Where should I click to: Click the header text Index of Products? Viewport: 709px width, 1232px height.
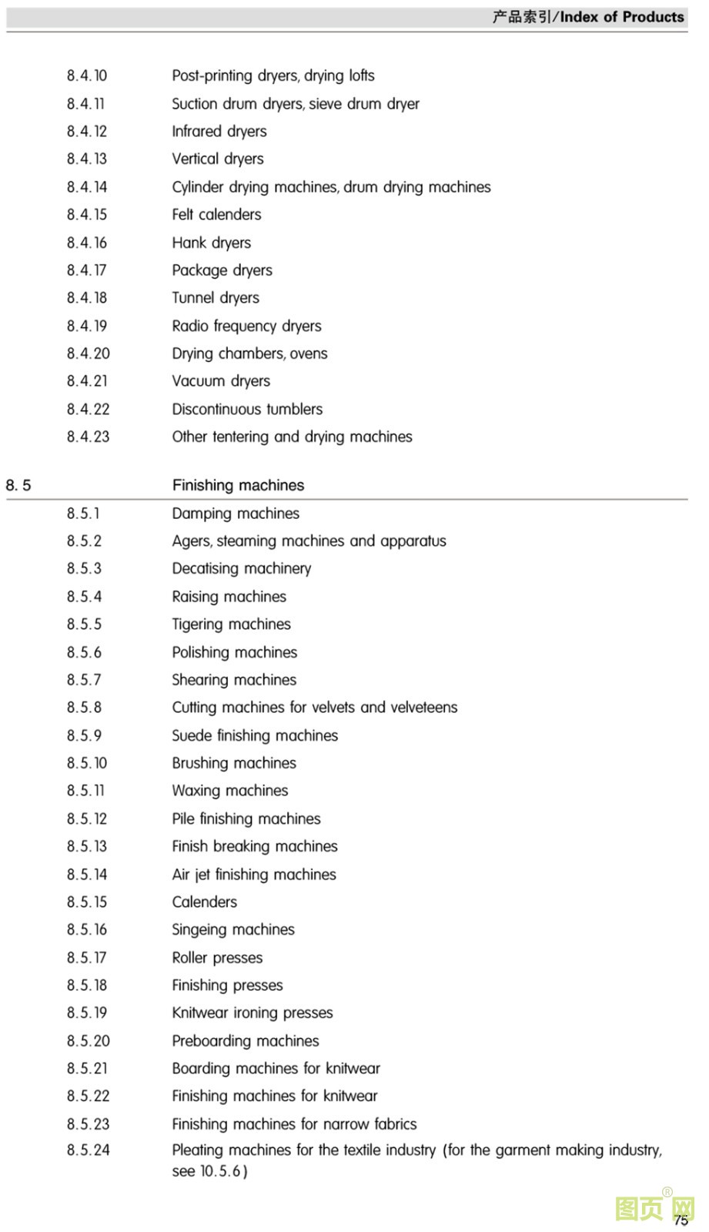[x=621, y=17]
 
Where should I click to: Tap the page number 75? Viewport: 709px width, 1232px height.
[x=681, y=1220]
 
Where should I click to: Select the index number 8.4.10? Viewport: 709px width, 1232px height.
[x=87, y=75]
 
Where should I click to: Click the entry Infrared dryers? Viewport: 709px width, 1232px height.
[x=219, y=132]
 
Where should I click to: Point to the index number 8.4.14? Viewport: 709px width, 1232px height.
[x=87, y=187]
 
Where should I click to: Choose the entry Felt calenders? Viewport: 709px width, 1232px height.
[x=216, y=215]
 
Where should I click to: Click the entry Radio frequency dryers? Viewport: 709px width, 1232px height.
[x=246, y=326]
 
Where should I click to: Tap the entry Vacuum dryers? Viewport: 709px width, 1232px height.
[x=221, y=381]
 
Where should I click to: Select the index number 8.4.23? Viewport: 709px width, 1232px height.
[x=88, y=437]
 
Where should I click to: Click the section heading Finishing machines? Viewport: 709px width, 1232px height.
[x=238, y=485]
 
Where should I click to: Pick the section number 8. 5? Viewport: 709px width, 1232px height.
[x=18, y=485]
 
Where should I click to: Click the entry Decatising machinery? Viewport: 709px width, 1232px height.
[x=242, y=569]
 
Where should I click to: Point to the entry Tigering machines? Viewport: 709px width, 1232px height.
[x=231, y=624]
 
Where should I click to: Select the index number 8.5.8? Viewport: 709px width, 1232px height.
[x=84, y=708]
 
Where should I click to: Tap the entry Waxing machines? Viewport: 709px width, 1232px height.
[x=230, y=791]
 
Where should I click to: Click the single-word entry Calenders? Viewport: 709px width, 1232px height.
[x=205, y=902]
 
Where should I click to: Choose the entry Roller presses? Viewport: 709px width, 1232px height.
[x=217, y=958]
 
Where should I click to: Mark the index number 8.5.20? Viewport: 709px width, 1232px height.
[x=88, y=1041]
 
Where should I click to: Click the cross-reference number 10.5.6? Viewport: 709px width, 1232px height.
[x=221, y=1171]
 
